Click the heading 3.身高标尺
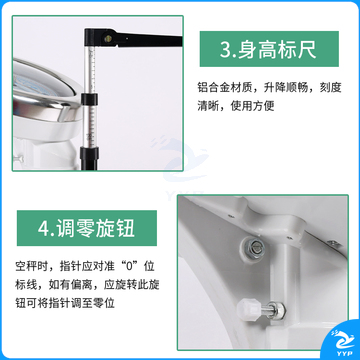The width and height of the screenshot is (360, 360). pyautogui.click(x=268, y=49)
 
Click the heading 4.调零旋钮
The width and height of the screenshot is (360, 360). pyautogui.click(x=86, y=228)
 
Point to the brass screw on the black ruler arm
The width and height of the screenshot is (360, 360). pyautogui.click(x=108, y=39)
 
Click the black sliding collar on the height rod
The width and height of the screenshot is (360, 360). pyautogui.click(x=90, y=99)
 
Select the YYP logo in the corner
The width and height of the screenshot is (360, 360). pyautogui.click(x=342, y=343)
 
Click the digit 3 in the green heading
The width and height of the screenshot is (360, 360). pyautogui.click(x=225, y=50)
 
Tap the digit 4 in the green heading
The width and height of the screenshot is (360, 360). pyautogui.click(x=43, y=229)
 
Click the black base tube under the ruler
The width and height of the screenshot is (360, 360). pyautogui.click(x=89, y=159)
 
